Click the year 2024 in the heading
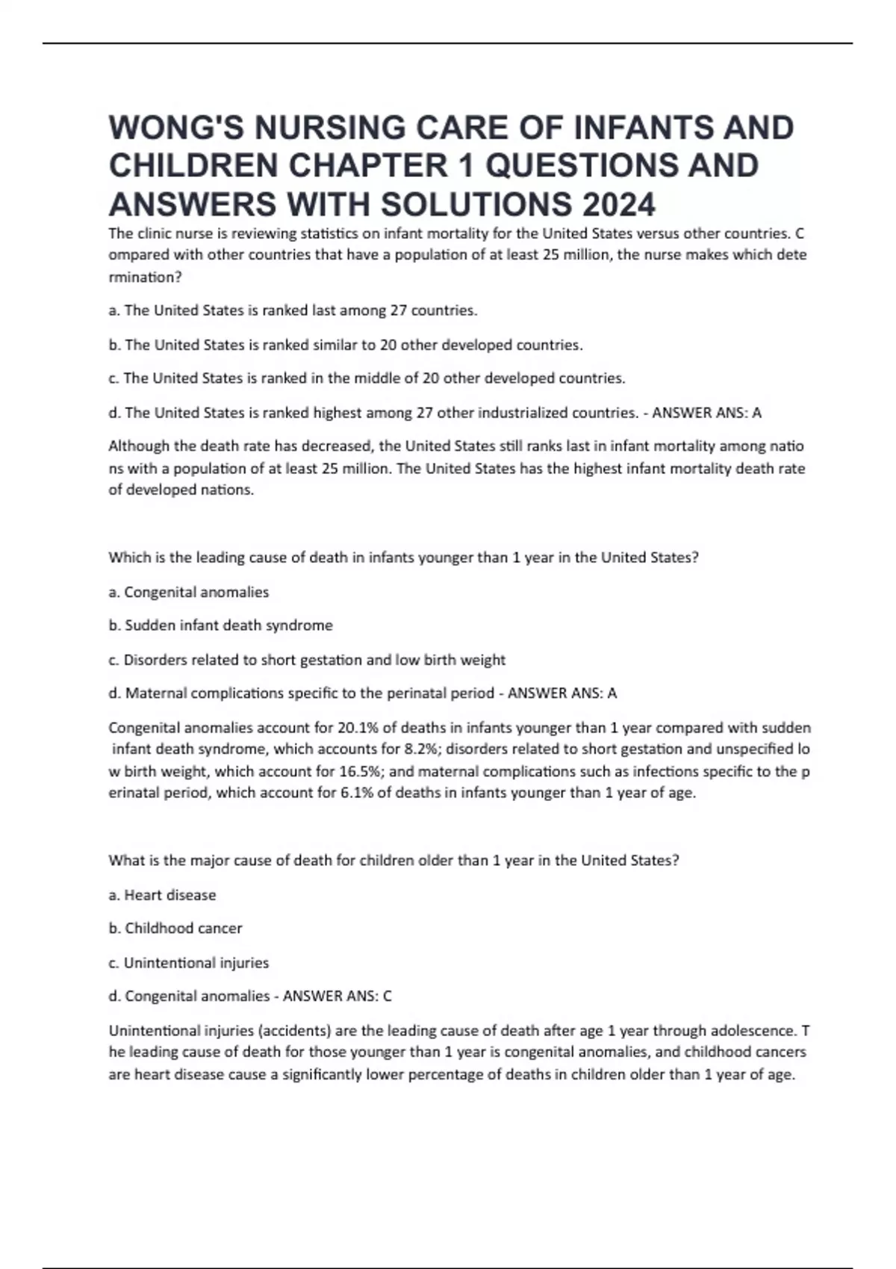tap(620, 205)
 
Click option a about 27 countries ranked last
tap(293, 311)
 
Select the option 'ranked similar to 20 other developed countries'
tap(346, 345)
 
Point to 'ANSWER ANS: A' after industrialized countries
tap(706, 413)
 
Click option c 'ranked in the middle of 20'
tap(367, 378)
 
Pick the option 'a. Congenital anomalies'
tap(189, 592)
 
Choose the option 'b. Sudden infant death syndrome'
tap(221, 626)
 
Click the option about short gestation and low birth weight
tap(307, 660)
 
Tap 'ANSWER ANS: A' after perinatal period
tap(562, 693)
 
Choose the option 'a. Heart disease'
tap(163, 895)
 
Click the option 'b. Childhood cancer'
tap(175, 929)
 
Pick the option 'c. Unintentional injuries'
tap(189, 963)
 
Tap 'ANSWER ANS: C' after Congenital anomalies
tap(337, 997)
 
